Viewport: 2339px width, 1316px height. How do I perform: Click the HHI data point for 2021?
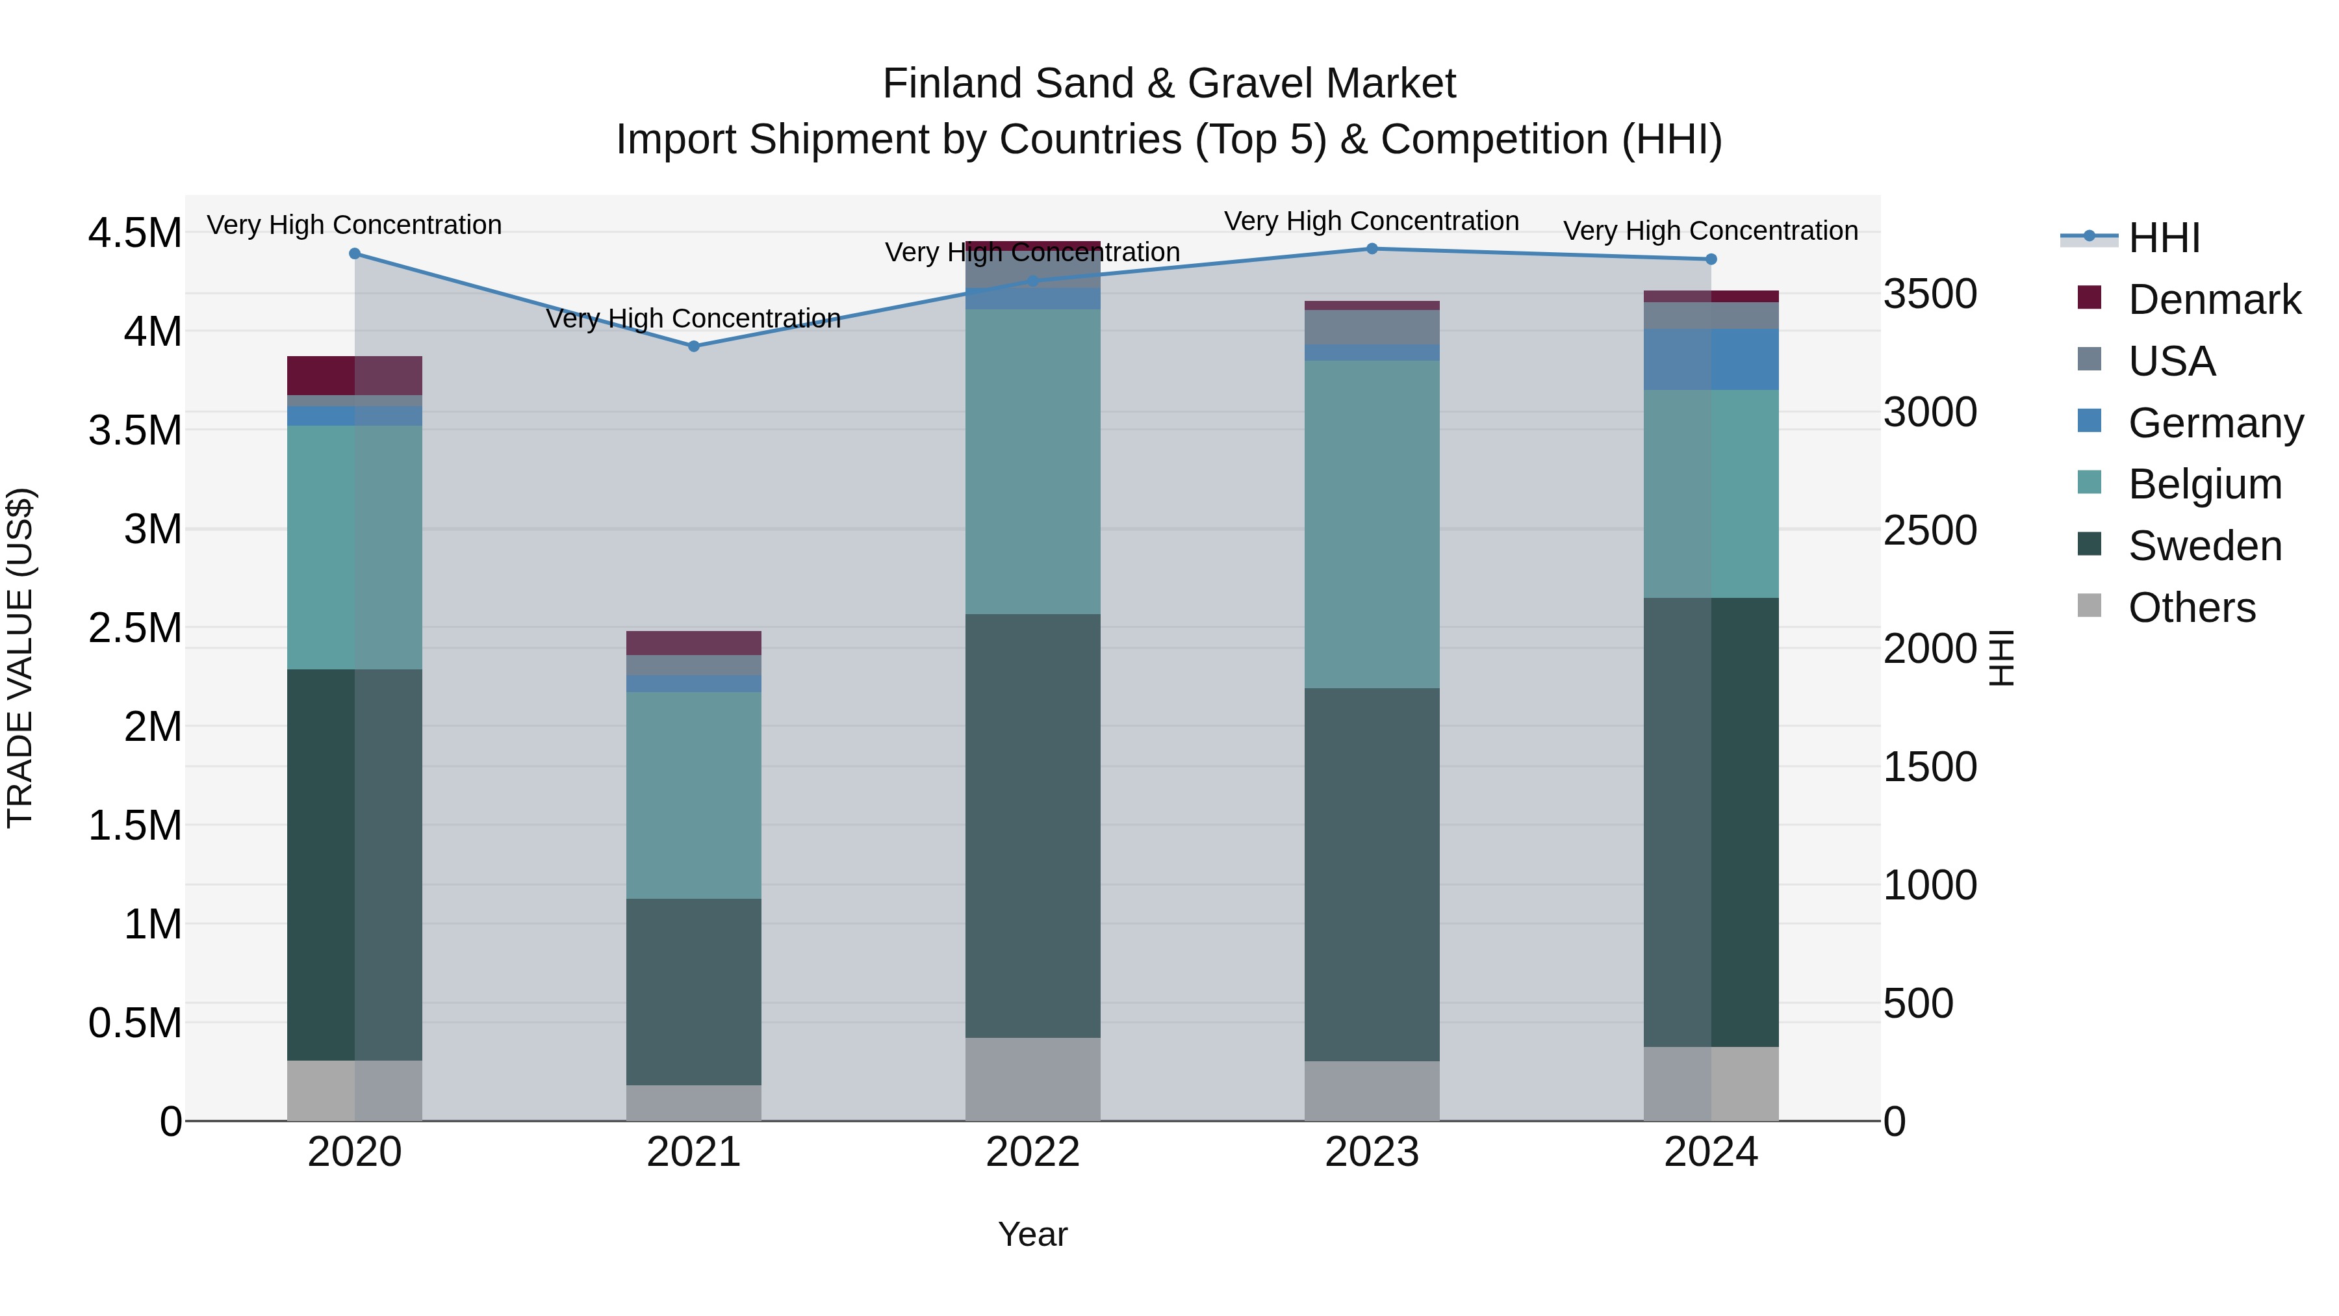694,346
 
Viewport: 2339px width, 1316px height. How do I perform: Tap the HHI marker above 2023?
1372,249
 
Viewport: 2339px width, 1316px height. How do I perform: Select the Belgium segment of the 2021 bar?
694,795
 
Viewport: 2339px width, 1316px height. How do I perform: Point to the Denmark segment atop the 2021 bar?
694,643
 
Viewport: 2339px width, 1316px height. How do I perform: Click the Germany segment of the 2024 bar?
1711,359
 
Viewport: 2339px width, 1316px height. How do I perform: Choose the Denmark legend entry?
2214,300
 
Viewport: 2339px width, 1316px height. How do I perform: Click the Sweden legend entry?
2204,546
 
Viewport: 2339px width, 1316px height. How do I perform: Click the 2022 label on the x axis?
1032,1152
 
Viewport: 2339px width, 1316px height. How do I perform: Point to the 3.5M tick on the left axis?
134,430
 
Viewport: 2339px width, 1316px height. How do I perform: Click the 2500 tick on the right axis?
1930,530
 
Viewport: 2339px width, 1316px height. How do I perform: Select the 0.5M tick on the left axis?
134,1023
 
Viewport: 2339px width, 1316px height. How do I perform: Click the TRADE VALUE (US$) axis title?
20,658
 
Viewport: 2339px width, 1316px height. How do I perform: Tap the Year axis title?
1032,1234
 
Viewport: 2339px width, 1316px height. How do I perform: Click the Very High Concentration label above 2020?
354,224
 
